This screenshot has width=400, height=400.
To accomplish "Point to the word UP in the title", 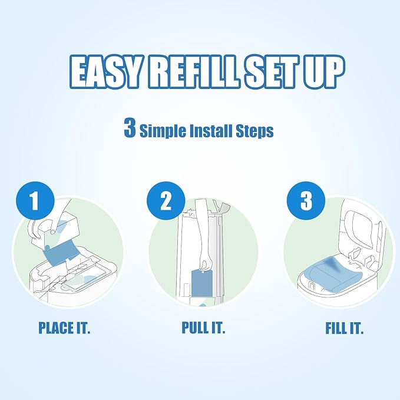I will click(325, 71).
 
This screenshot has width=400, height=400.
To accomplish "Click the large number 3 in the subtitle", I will click(130, 128).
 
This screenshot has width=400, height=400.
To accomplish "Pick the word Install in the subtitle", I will click(206, 130).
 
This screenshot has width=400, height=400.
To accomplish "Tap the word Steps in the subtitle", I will click(253, 130).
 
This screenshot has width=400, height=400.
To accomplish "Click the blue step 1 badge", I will click(34, 201).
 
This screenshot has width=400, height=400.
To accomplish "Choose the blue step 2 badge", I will click(166, 201).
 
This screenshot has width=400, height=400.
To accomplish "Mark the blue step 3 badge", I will click(306, 201).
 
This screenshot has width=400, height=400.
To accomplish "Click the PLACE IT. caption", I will click(64, 328).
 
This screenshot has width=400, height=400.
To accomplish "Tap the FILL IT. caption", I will click(345, 328).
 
